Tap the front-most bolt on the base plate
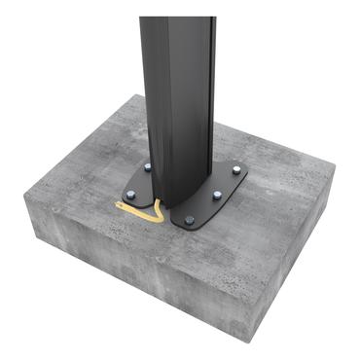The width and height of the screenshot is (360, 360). pyautogui.click(x=189, y=220)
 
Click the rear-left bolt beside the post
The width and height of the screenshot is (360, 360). pyautogui.click(x=148, y=167)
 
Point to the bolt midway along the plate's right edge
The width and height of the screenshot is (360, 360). pyautogui.click(x=216, y=196)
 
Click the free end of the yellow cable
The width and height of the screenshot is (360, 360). pyautogui.click(x=118, y=204)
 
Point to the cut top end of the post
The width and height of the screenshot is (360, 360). pyautogui.click(x=177, y=18)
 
